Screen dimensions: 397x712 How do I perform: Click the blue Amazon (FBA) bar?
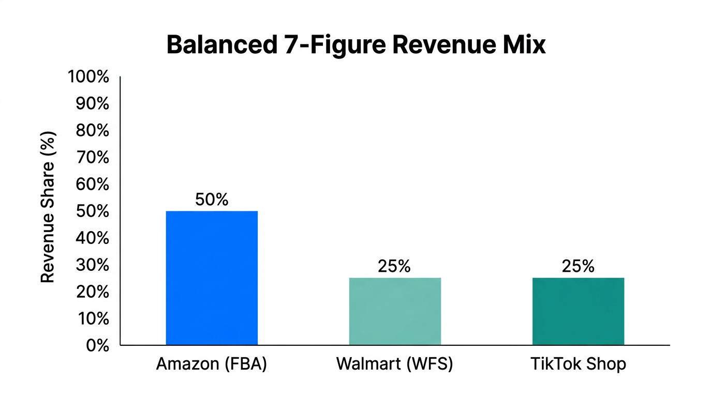(x=212, y=278)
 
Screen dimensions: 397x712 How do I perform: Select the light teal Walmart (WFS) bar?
(x=395, y=311)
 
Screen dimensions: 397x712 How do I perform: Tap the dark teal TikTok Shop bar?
(x=578, y=311)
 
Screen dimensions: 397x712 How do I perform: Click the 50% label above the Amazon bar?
(x=212, y=200)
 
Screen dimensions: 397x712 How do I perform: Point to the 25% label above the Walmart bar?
(x=394, y=266)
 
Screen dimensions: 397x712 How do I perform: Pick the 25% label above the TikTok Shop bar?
(x=578, y=266)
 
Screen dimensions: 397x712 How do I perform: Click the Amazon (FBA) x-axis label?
(x=212, y=364)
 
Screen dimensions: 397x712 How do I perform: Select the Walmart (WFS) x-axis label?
(x=395, y=364)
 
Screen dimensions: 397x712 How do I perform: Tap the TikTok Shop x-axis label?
(x=578, y=364)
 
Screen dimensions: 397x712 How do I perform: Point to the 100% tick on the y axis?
(x=88, y=78)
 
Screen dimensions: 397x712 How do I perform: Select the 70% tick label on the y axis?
(x=92, y=158)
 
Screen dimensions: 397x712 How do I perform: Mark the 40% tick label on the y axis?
(x=92, y=238)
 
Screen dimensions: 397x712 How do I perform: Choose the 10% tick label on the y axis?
(x=92, y=319)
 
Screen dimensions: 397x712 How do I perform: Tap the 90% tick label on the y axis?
(x=92, y=104)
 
